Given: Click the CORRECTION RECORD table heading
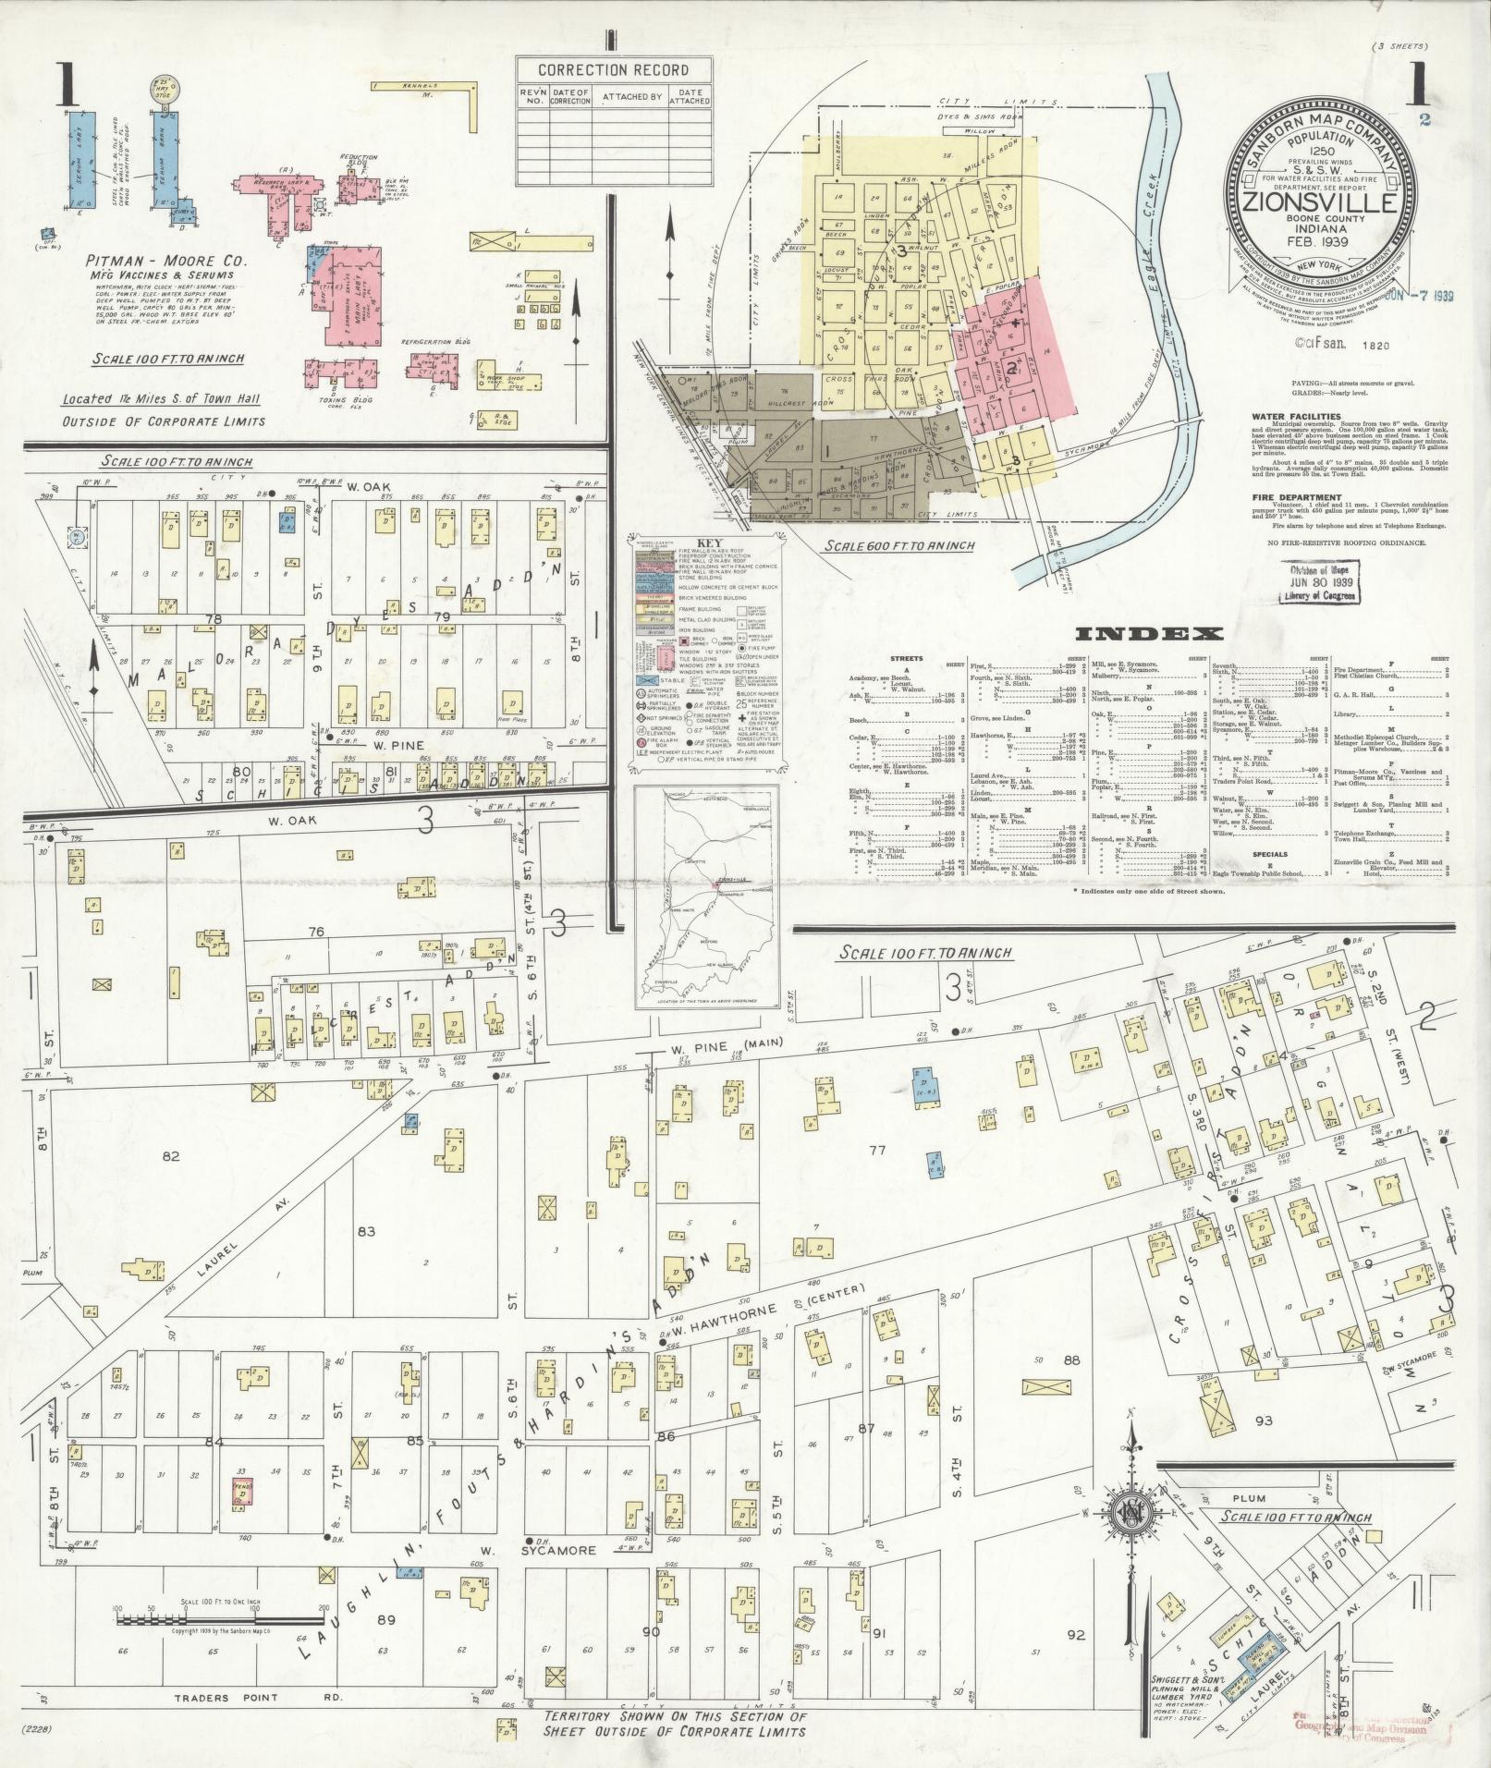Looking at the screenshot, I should point(613,70).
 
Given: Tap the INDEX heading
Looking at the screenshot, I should point(1149,634).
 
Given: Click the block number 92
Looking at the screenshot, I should point(1075,1635).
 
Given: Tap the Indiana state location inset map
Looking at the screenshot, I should point(705,896).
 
